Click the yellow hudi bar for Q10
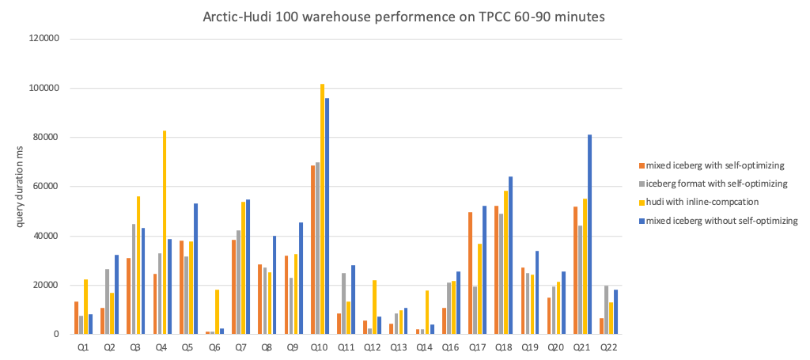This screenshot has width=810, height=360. pos(322,209)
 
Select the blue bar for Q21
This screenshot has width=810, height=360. pos(589,234)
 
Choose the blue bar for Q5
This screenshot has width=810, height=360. pos(195,268)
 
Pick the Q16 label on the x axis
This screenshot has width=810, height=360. pos(449,347)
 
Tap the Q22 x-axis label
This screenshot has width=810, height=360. pos(607,347)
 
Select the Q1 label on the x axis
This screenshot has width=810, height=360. pos(82,347)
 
